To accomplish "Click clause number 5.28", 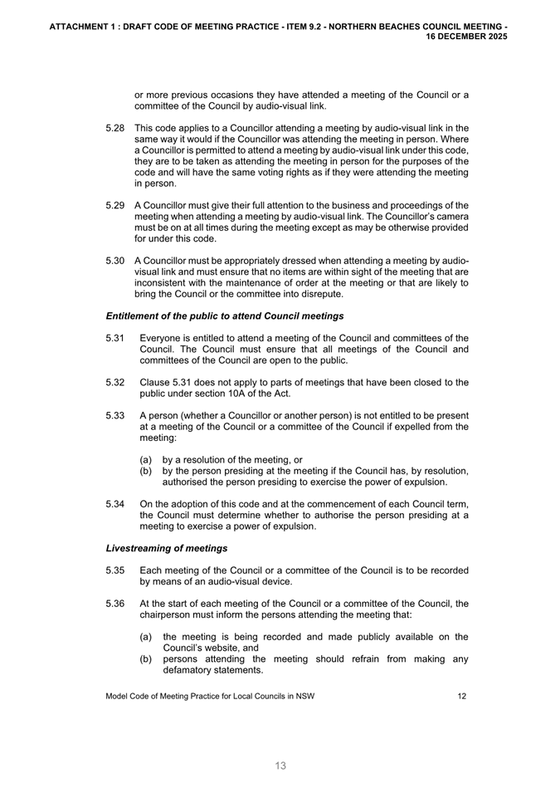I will coord(115,129).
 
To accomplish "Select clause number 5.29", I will coord(115,205).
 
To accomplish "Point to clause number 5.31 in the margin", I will coord(115,338).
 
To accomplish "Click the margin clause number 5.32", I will coord(115,383).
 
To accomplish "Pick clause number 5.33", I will coord(115,415).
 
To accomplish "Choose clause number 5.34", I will coord(115,503).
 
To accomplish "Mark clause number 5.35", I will coord(115,570).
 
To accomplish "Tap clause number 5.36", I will coord(115,604).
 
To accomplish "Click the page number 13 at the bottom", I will coord(280,766).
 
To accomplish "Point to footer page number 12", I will coord(462,697).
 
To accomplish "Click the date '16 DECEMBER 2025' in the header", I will coord(466,37).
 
